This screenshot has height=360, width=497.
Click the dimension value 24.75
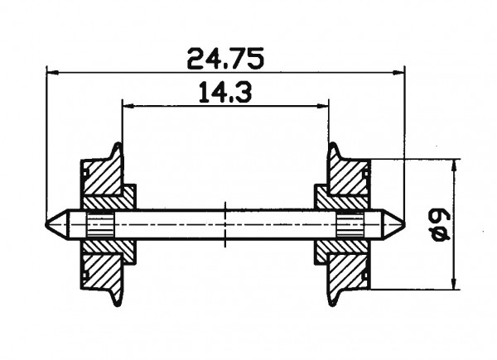225,59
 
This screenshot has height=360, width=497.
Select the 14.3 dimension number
225,94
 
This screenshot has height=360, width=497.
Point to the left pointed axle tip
49,224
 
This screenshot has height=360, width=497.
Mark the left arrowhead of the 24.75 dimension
51,72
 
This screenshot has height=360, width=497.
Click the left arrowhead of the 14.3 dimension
127,106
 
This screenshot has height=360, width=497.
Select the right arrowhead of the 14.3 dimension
325,106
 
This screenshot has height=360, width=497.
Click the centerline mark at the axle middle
226,224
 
